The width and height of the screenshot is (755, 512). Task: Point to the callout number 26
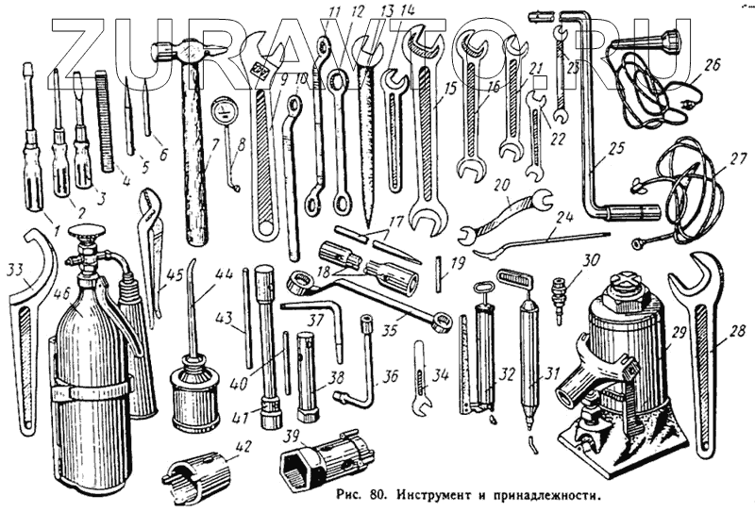coord(712,65)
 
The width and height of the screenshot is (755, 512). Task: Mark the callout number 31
coord(540,373)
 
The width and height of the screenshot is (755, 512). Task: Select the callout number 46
coord(62,294)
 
